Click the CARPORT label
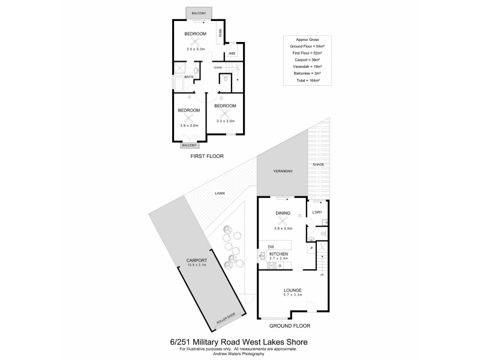click(x=196, y=260)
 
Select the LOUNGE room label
click(x=292, y=290)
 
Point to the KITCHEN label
click(x=278, y=254)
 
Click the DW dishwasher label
click(x=271, y=247)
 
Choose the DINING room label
click(x=283, y=213)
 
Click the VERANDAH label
click(x=282, y=172)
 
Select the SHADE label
click(x=317, y=164)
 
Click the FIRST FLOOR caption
click(x=207, y=156)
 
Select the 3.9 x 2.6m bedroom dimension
click(x=189, y=125)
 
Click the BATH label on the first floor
click(x=189, y=77)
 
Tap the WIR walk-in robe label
click(x=231, y=53)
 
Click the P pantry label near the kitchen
click(x=311, y=248)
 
